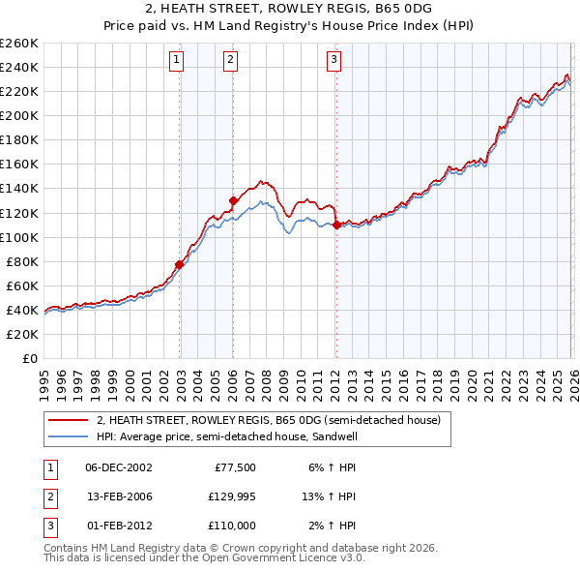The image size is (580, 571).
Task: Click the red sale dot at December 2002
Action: point(180,264)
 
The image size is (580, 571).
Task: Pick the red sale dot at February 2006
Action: point(233,200)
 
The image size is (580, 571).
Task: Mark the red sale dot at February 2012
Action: point(335,225)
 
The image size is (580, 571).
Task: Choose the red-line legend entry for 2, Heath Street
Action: point(269,420)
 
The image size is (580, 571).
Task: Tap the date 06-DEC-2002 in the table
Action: point(119,466)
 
